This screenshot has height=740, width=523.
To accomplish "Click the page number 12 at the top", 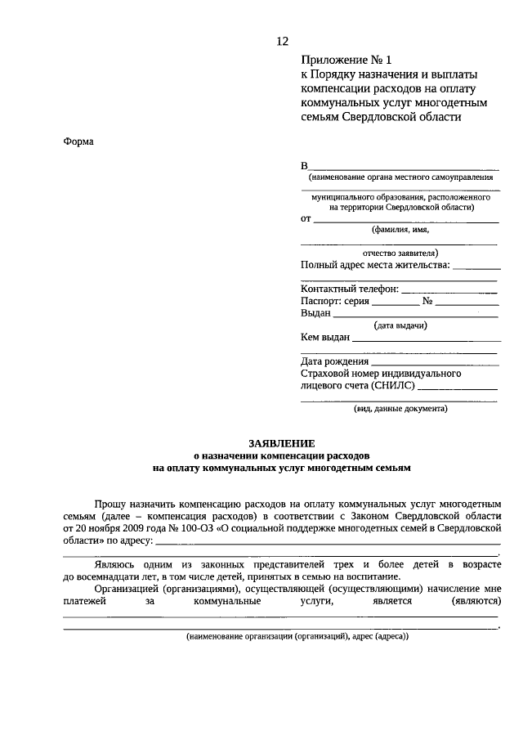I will point(282,40).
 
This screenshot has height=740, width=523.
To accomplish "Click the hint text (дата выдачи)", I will point(400,325).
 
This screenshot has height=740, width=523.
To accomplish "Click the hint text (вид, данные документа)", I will point(400,408).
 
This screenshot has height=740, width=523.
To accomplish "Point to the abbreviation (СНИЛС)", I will point(393,386).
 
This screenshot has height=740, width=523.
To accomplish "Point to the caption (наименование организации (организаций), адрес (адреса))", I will point(296,636).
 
